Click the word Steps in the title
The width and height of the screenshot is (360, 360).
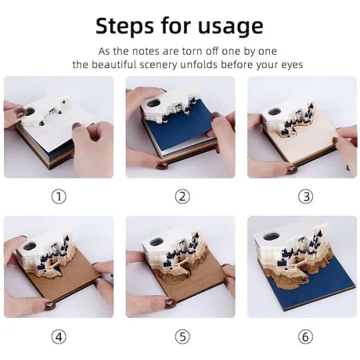125,26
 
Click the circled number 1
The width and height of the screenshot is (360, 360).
59,197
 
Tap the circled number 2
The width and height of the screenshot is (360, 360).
182,197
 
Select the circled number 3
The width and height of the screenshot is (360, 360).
305,197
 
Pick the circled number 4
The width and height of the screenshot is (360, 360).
59,337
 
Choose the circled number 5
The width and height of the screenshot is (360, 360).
182,337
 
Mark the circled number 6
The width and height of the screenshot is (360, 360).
305,337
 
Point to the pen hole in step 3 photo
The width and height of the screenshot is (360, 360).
275,112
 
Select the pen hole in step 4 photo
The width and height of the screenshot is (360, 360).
30,247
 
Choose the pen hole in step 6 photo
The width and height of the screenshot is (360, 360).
271,237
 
